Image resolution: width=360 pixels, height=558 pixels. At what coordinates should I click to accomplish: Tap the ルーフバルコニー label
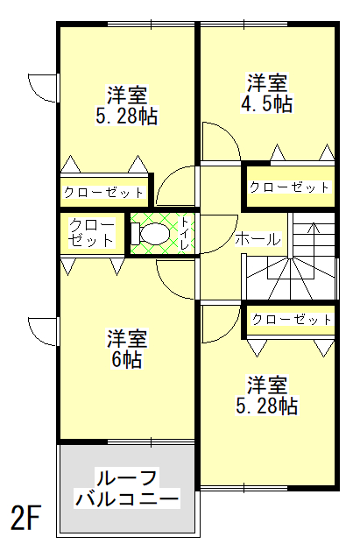click(x=127, y=490)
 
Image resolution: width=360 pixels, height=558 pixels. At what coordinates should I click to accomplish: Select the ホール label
click(x=258, y=238)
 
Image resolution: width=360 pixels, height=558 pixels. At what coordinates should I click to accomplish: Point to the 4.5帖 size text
click(x=267, y=103)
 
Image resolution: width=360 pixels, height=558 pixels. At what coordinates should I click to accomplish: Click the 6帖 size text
click(x=127, y=358)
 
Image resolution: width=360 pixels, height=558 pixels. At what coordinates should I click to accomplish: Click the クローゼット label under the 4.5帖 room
click(x=289, y=187)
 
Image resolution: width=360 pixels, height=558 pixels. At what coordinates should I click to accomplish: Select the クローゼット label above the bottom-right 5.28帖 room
click(x=292, y=319)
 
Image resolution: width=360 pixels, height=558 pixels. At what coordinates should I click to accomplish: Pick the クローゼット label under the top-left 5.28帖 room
click(x=103, y=193)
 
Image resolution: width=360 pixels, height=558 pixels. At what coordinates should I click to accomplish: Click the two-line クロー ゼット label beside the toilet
click(x=92, y=233)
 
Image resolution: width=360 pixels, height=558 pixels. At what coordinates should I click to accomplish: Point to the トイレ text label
click(x=186, y=235)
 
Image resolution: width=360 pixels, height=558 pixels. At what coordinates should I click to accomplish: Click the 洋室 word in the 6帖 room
click(x=127, y=338)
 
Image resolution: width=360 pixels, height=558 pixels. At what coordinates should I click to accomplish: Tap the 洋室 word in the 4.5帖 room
click(x=267, y=83)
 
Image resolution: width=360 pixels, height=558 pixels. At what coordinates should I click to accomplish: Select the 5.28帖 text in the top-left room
click(x=127, y=116)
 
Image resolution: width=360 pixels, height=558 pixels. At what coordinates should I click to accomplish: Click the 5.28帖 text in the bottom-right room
click(x=266, y=406)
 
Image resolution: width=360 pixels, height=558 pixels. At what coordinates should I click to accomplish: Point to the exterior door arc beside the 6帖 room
click(x=40, y=328)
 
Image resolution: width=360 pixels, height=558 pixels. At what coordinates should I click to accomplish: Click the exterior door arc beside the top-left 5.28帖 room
click(x=40, y=86)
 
